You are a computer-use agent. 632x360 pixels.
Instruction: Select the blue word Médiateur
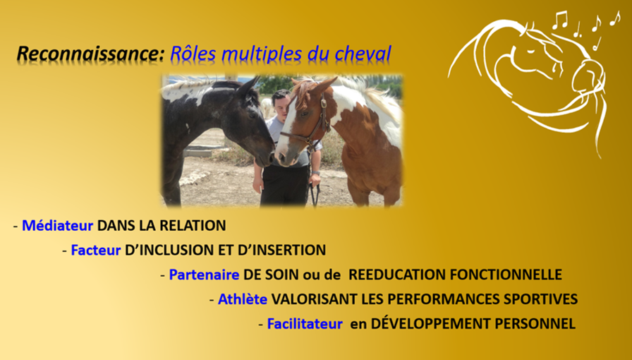point(57,226)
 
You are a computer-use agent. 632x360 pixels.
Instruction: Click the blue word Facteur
point(95,250)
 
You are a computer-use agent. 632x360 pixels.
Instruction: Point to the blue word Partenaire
point(204,275)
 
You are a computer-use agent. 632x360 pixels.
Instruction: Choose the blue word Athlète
point(243,299)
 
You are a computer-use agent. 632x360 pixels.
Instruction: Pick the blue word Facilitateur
point(305,324)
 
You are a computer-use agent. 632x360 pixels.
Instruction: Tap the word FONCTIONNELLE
point(506,275)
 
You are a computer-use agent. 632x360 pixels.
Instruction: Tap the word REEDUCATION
point(397,275)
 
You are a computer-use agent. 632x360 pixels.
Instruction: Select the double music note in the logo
point(560,20)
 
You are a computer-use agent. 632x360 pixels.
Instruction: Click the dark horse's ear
point(249,85)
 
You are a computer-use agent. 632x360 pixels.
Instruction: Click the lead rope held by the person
point(315,193)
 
